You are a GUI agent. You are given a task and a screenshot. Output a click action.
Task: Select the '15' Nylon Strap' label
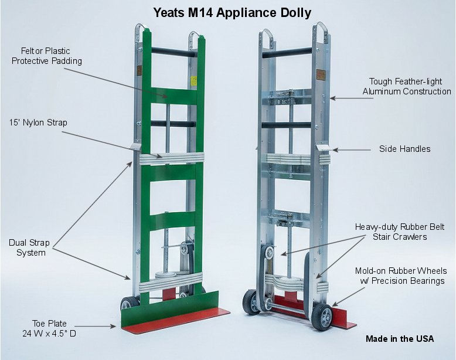(x=38, y=123)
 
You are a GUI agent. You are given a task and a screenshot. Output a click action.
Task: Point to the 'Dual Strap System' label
(x=29, y=247)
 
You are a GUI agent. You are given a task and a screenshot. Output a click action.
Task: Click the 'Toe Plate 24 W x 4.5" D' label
(x=49, y=328)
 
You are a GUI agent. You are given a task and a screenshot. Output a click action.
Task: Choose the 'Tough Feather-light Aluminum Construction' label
(x=407, y=86)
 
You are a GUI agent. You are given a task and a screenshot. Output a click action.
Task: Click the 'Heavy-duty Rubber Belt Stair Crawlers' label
(x=400, y=232)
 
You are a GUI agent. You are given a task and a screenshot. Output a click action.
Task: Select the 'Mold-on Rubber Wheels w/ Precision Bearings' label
(x=399, y=276)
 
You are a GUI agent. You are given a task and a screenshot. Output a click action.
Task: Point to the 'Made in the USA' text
(x=400, y=339)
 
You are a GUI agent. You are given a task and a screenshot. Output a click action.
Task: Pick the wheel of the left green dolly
(x=127, y=304)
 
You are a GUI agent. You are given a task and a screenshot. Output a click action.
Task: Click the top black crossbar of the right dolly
(x=287, y=53)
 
